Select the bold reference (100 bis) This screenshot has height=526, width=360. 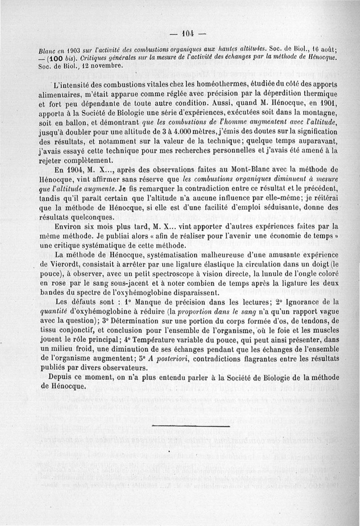click(59, 58)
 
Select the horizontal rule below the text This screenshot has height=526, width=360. click(191, 426)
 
